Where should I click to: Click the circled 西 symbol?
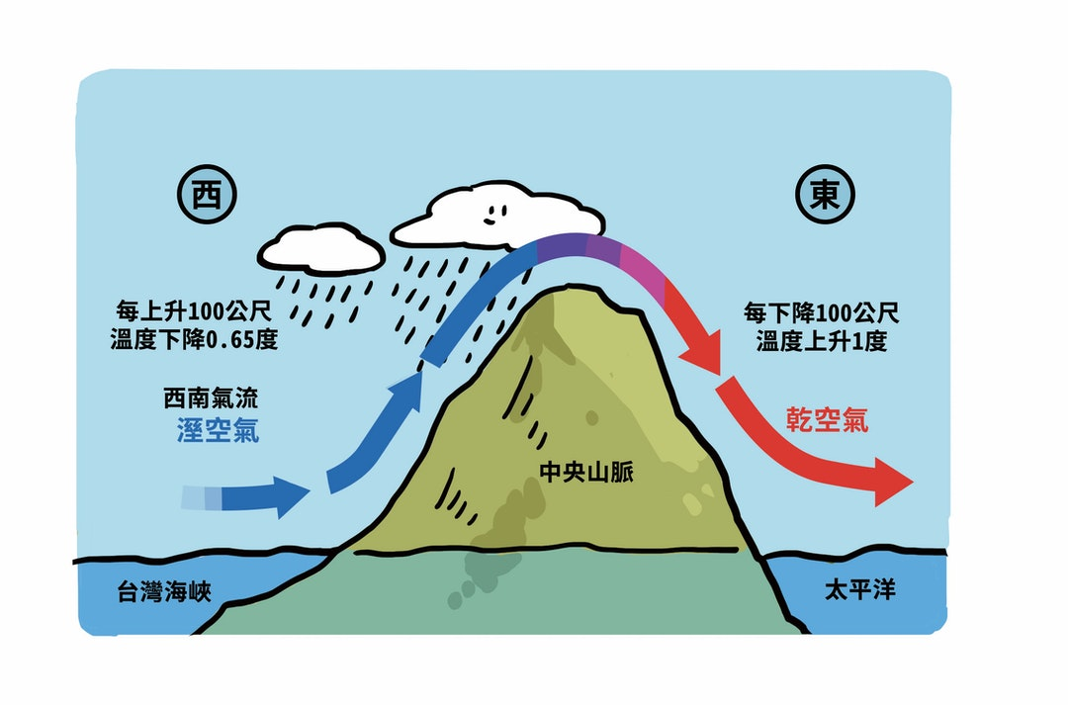207,197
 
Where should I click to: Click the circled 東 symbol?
826,197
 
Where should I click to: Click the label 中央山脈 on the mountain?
586,472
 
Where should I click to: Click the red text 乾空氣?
829,419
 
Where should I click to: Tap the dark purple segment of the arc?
562,249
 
